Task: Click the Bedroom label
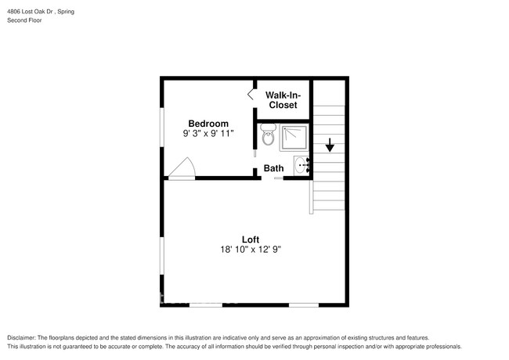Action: [x=208, y=124]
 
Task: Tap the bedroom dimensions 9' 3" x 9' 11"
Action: [x=208, y=134]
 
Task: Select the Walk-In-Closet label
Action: [x=283, y=99]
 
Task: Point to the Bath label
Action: [x=273, y=168]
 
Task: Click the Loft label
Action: [x=250, y=239]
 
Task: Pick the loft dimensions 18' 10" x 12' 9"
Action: [x=250, y=250]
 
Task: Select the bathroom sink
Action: [x=301, y=165]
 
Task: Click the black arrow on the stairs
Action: [x=330, y=145]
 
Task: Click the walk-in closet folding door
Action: [x=251, y=94]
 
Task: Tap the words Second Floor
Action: [x=26, y=20]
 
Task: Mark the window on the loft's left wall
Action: [x=162, y=254]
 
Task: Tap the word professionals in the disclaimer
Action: [x=439, y=346]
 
